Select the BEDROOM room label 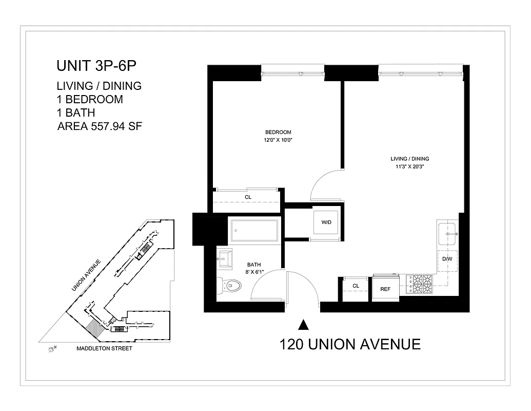(x=278, y=132)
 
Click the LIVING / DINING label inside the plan (x=409, y=159)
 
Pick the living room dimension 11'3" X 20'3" (x=409, y=166)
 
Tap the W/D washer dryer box (x=326, y=223)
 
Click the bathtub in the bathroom (x=254, y=232)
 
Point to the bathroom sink (x=225, y=256)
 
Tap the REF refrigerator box (x=385, y=289)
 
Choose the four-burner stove (x=419, y=284)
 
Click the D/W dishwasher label (x=447, y=259)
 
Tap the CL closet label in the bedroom (x=248, y=197)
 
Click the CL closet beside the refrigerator (x=356, y=286)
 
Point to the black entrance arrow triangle (x=303, y=324)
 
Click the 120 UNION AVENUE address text (x=350, y=344)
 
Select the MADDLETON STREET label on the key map (x=104, y=348)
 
